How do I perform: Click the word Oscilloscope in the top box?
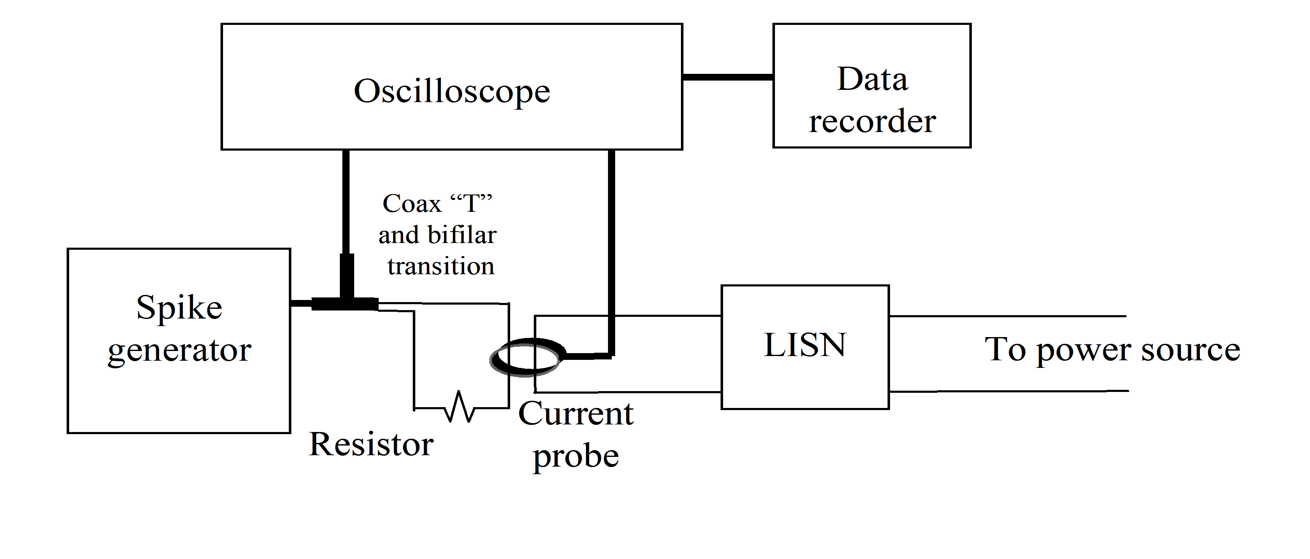click(x=452, y=92)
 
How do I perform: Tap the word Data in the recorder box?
click(x=872, y=79)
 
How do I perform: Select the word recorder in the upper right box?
click(x=872, y=121)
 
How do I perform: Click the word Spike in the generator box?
click(x=179, y=308)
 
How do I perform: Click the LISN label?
click(x=804, y=346)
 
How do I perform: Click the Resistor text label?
click(x=371, y=444)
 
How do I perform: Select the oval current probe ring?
click(x=528, y=357)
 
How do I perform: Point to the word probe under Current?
click(x=575, y=456)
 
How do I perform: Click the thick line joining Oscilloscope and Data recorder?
click(x=727, y=77)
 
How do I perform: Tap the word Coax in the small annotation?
click(x=412, y=204)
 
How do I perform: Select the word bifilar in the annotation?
click(x=462, y=235)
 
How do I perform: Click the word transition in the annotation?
click(x=441, y=266)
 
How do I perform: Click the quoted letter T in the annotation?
click(x=471, y=204)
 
